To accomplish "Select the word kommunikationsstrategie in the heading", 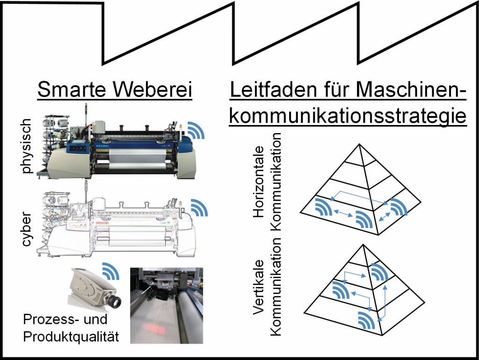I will (348, 116).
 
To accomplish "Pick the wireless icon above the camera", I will (110, 271).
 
